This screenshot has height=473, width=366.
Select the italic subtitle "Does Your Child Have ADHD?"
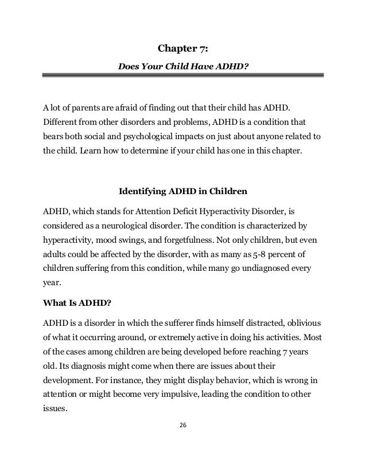(182, 66)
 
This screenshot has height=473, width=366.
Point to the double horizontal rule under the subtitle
(182, 76)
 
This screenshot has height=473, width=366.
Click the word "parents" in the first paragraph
(81, 107)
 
